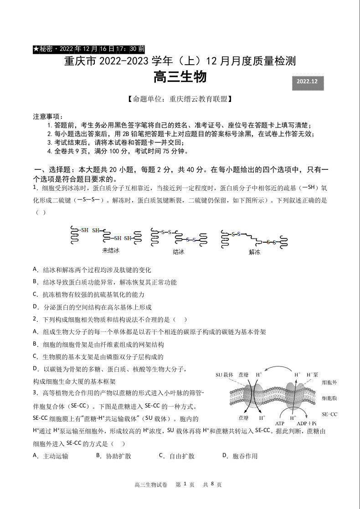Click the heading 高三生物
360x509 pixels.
click(180, 76)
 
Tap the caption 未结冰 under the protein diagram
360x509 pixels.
click(111, 250)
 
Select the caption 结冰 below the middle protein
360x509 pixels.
click(179, 251)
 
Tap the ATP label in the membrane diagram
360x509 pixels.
click(280, 423)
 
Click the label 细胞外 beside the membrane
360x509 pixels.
click(329, 383)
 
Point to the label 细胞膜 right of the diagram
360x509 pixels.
click(329, 398)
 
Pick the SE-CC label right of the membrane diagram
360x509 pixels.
click(329, 414)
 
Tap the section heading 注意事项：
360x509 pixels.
click(48, 117)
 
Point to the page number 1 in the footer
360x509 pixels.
click(185, 484)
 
